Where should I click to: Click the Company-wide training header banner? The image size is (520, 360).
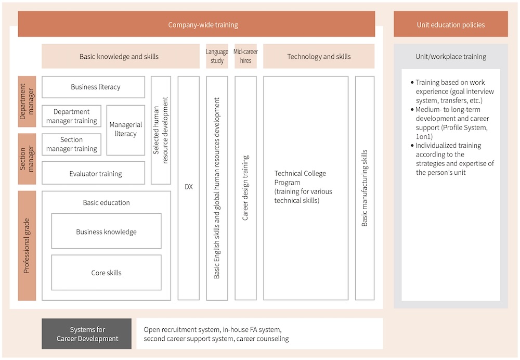click(197, 24)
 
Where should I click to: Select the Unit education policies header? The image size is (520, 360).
click(451, 24)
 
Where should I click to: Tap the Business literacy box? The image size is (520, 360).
click(93, 87)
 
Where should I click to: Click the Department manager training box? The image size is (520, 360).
click(72, 116)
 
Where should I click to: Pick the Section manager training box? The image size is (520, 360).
click(72, 144)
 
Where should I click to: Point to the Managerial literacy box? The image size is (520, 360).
click(126, 130)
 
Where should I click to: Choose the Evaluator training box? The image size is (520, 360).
click(93, 173)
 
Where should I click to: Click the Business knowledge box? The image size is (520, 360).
click(106, 231)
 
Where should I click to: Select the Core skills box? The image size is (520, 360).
click(106, 273)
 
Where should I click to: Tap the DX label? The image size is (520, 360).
click(189, 187)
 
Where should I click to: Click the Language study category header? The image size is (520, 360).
click(217, 56)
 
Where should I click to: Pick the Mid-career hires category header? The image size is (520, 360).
click(245, 56)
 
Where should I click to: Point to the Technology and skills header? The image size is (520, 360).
click(319, 56)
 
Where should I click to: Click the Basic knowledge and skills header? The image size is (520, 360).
click(121, 56)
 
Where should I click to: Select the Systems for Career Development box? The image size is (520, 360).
click(86, 334)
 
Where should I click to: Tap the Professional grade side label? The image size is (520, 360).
click(27, 246)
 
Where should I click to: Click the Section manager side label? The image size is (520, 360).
click(27, 159)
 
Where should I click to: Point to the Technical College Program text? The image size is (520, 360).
click(303, 187)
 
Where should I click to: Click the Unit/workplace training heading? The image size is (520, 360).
click(451, 56)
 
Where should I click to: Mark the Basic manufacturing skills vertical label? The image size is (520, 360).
click(365, 188)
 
